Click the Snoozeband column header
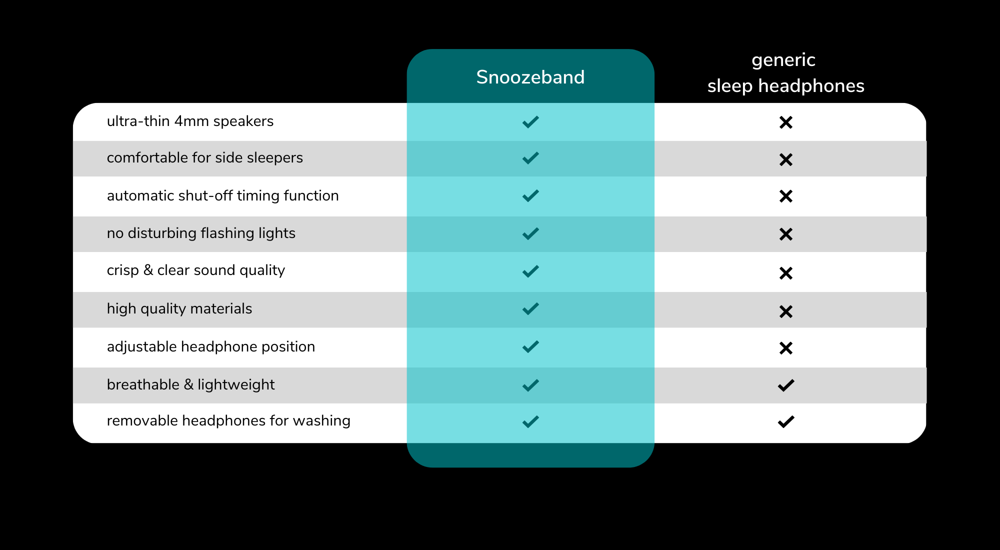530,77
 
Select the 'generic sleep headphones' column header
785,73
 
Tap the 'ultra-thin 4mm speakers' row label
190,121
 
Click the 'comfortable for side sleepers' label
204,158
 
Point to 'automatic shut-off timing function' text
222,195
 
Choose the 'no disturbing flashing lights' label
201,233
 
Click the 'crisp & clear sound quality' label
195,270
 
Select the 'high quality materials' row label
179,309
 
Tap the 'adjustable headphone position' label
210,346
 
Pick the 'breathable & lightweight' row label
190,384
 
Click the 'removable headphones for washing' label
228,421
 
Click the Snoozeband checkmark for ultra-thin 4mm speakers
530,122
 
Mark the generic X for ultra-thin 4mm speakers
786,122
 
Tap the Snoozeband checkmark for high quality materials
530,309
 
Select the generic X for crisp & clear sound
786,273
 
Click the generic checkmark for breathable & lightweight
786,385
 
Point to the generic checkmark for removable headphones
786,422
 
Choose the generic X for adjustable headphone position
786,348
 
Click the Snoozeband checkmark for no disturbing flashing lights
530,234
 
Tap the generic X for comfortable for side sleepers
786,159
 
